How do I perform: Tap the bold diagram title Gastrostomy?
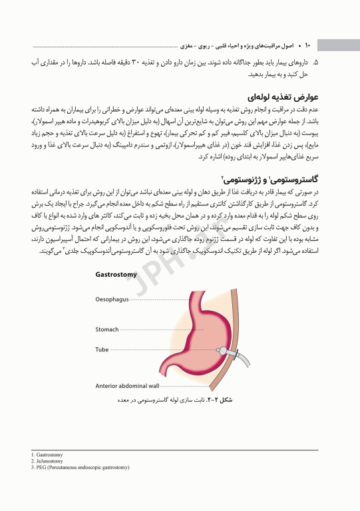pyautogui.click(x=116, y=274)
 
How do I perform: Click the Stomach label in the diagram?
pyautogui.click(x=107, y=329)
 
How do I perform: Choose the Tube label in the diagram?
pyautogui.click(x=102, y=349)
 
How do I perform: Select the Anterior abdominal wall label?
pyautogui.click(x=127, y=385)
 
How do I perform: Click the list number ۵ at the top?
pyautogui.click(x=316, y=62)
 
